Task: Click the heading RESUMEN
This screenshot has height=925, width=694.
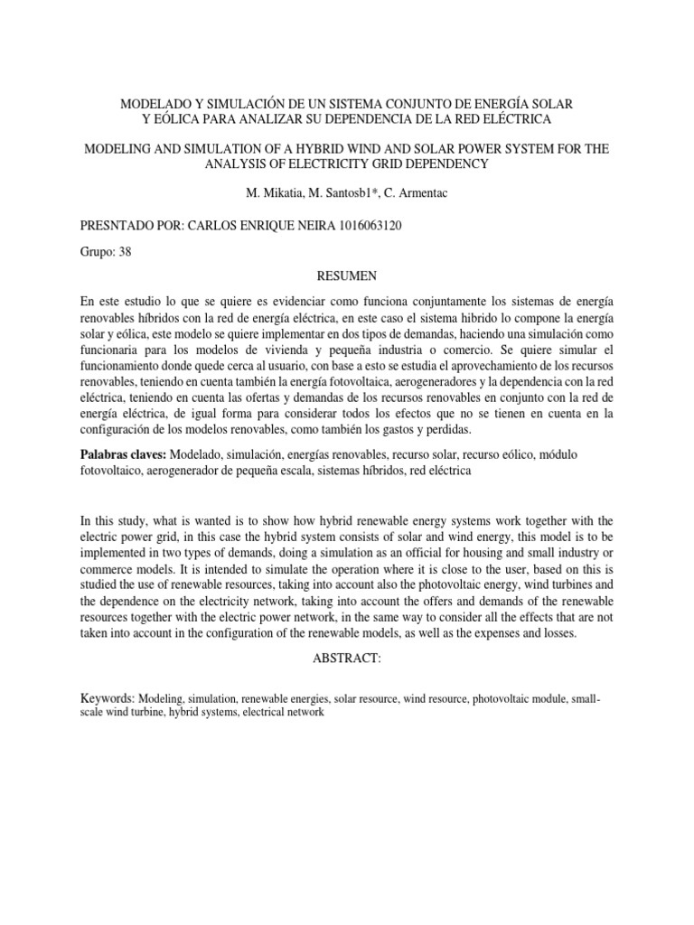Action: tap(346, 275)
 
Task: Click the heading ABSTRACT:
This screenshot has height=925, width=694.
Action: tap(346, 659)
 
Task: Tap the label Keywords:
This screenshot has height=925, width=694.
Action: tap(108, 698)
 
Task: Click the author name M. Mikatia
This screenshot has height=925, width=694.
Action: tap(275, 192)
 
